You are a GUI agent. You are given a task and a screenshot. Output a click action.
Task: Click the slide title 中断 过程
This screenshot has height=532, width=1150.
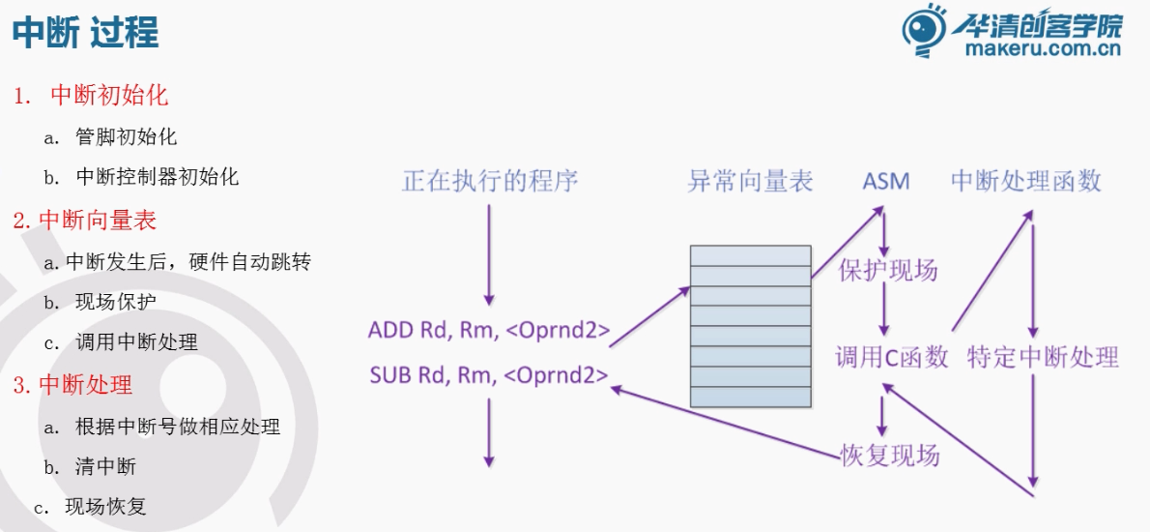point(85,33)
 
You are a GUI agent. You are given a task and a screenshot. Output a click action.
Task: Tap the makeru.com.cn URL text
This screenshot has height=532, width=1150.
point(1043,49)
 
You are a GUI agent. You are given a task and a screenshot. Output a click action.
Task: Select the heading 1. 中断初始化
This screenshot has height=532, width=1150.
point(91,95)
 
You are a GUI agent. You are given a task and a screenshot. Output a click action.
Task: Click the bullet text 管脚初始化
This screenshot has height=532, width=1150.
point(126,136)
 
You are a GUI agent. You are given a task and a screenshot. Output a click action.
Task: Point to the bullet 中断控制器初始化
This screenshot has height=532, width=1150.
point(157,177)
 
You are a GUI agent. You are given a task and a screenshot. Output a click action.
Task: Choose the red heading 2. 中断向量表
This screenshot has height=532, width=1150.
point(85,220)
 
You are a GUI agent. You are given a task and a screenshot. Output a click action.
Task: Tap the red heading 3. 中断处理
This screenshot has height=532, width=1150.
point(72,385)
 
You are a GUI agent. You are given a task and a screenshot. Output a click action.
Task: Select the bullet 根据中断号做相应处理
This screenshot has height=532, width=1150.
point(178,427)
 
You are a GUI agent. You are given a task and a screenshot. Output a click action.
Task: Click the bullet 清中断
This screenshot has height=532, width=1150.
point(106,467)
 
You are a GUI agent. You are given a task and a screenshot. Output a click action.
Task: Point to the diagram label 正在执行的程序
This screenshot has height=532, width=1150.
point(490,181)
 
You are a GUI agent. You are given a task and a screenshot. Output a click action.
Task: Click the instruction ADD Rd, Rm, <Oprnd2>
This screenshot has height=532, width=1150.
point(489,331)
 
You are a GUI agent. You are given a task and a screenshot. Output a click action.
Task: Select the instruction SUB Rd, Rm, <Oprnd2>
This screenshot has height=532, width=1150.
point(489,374)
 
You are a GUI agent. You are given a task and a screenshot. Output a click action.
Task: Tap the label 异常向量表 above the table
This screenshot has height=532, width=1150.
point(750,181)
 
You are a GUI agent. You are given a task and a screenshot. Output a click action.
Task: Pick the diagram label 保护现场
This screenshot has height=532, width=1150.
point(888,270)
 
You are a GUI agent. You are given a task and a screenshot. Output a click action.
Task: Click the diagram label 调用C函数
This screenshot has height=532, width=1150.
point(891,357)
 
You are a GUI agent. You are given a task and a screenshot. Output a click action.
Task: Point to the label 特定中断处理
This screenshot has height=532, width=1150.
point(1043,357)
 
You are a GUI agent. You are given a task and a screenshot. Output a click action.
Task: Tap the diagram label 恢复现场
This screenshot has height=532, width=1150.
point(889,455)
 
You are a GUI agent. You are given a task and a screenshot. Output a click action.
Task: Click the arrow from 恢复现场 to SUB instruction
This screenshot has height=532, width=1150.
point(725,420)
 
